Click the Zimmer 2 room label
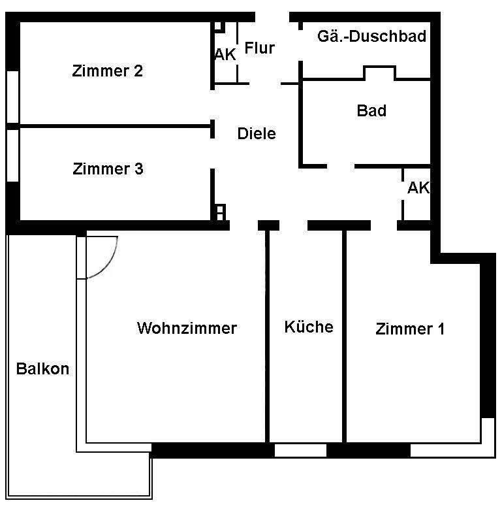(108, 71)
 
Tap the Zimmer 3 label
(108, 169)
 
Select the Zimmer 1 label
(410, 329)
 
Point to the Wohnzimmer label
(187, 327)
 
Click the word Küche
(309, 327)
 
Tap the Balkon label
(42, 368)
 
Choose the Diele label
(257, 133)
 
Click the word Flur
(259, 48)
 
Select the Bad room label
(371, 110)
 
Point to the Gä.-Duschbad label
(371, 36)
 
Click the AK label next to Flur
(225, 55)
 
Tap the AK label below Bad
(418, 188)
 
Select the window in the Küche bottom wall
(300, 450)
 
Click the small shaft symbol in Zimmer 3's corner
(220, 212)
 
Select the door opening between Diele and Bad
(340, 166)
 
